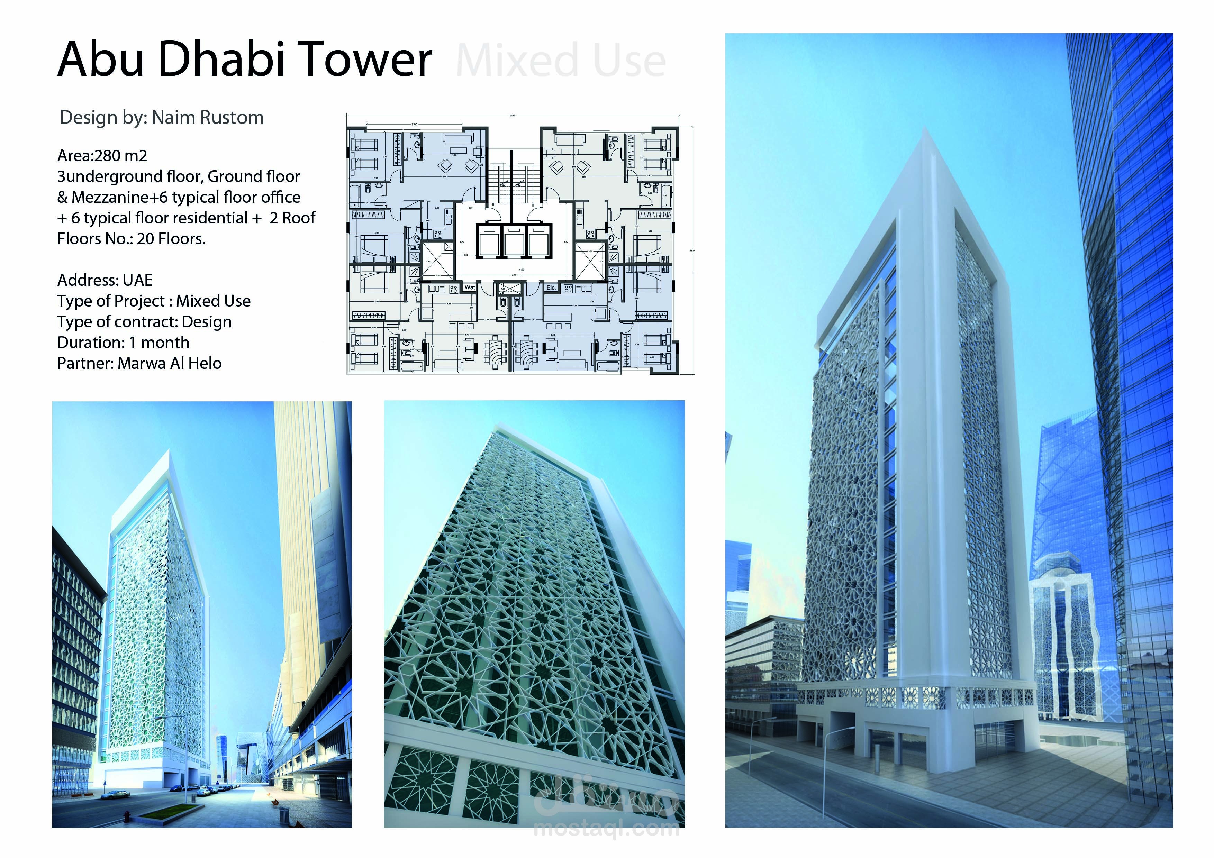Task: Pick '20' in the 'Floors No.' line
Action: tap(145, 239)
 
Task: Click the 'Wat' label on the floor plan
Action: tap(470, 287)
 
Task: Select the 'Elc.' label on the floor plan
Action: tap(551, 287)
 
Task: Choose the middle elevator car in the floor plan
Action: tap(513, 241)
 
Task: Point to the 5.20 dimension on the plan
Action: tap(481, 165)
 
